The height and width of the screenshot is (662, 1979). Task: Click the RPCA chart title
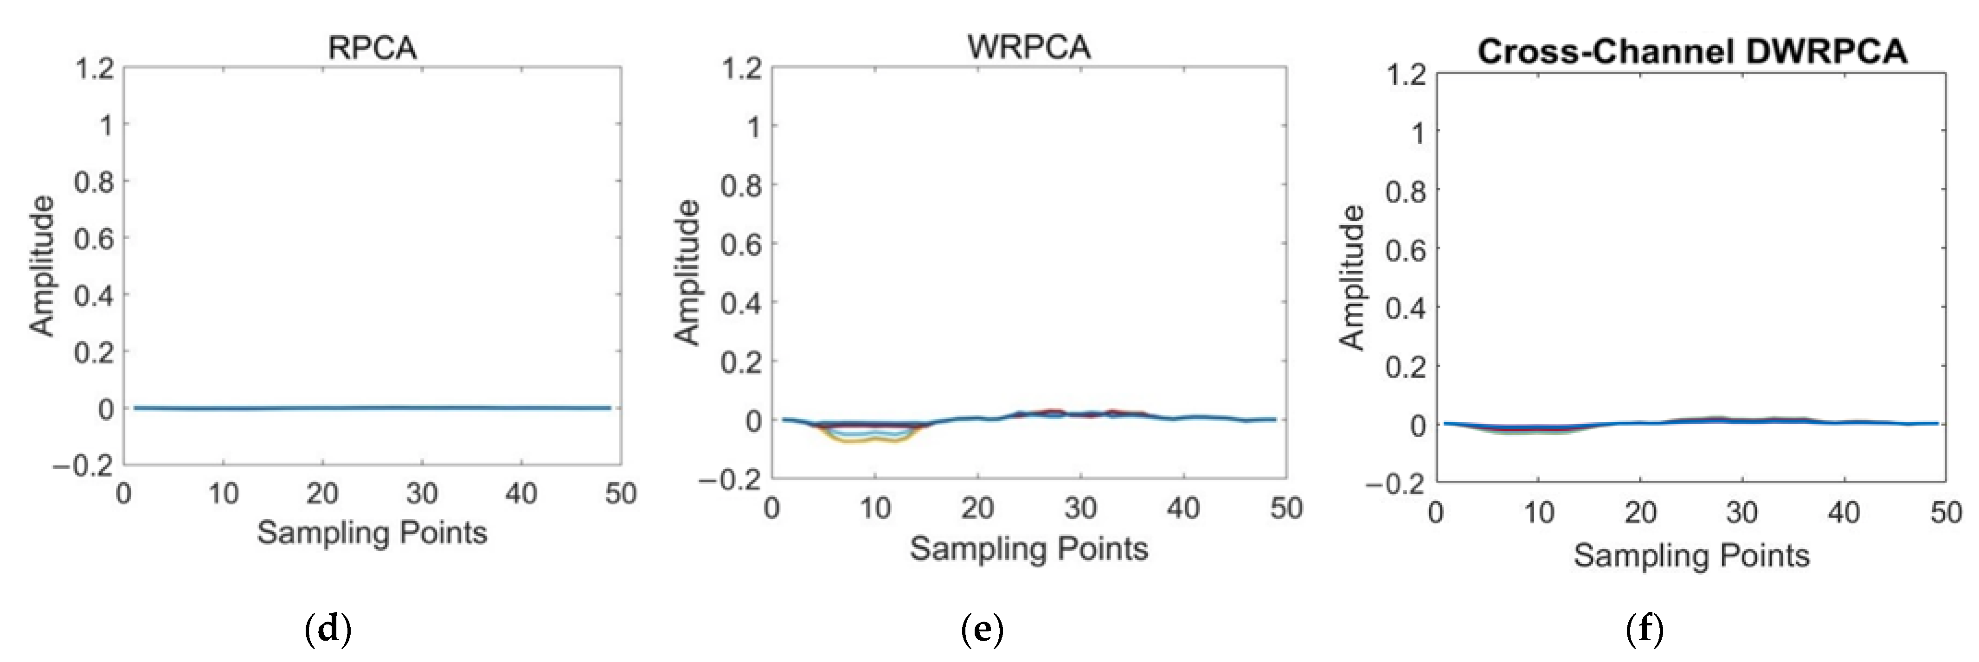pyautogui.click(x=372, y=48)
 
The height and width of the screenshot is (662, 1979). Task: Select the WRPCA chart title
pyautogui.click(x=1028, y=48)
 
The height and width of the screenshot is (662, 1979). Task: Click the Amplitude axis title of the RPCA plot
pyautogui.click(x=43, y=266)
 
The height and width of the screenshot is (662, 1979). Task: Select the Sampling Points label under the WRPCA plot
pyautogui.click(x=1028, y=548)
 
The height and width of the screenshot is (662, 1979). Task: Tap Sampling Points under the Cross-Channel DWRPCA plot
pyautogui.click(x=1692, y=554)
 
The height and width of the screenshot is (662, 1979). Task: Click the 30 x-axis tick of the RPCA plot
pyautogui.click(x=422, y=493)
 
